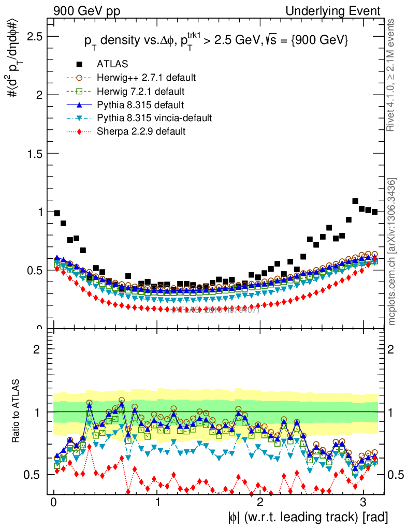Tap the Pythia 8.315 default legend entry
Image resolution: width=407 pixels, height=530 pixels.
pos(140,105)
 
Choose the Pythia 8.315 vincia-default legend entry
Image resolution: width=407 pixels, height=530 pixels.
pos(154,119)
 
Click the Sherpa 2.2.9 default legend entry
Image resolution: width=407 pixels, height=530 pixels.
pos(141,131)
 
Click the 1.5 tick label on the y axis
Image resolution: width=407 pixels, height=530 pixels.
pos(35,154)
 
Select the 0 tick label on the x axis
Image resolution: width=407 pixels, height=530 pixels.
pos(54,503)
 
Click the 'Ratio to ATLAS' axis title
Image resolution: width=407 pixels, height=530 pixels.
pos(18,412)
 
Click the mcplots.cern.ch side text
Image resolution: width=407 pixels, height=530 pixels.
pos(392,252)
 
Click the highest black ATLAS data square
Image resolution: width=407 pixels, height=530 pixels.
pos(355,201)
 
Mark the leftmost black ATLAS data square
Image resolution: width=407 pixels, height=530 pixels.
pos(57,213)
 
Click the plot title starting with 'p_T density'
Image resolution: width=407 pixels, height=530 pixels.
pos(216,41)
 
